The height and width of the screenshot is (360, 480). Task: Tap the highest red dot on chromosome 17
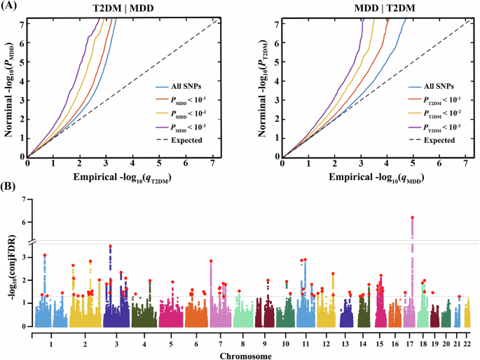pos(412,218)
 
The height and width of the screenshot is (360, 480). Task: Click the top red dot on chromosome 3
pos(111,247)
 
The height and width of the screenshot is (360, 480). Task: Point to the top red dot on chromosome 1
pos(45,255)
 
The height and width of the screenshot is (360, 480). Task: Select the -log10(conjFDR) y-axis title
pos(9,266)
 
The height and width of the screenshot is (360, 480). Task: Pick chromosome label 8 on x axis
pos(242,345)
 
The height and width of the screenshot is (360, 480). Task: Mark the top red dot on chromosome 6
pos(211,261)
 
